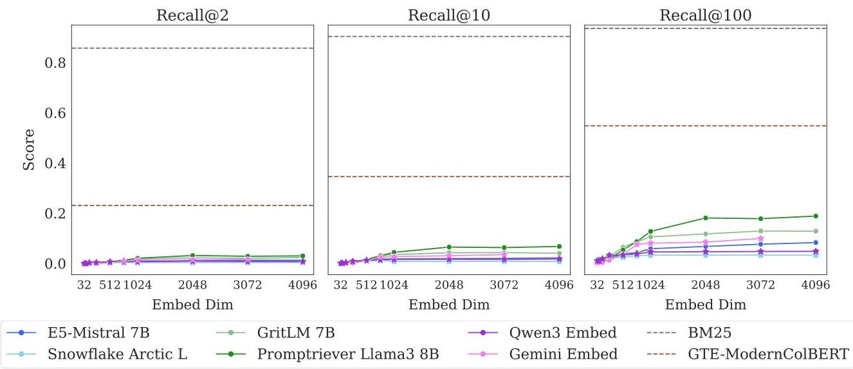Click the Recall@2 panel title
192,15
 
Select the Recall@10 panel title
449,15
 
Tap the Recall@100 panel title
705,15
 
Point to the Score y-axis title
29,150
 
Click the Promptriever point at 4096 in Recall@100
816,216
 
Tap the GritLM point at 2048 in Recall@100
706,234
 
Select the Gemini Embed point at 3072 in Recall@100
761,238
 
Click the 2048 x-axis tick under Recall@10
449,285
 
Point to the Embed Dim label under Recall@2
192,305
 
